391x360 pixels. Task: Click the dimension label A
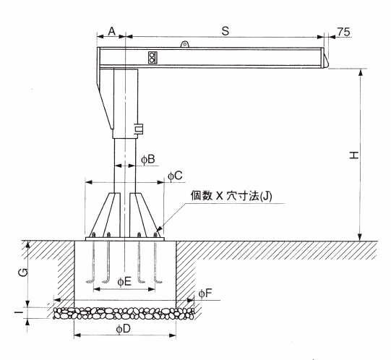click(112, 31)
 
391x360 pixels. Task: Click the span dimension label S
click(225, 31)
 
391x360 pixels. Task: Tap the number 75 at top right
click(344, 32)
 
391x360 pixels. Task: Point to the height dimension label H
click(354, 155)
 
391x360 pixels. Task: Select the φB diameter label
click(148, 159)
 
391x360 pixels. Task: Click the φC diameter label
click(175, 176)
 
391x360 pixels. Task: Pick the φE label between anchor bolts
click(124, 282)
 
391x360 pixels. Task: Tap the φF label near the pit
click(205, 293)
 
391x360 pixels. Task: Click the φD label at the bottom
click(123, 330)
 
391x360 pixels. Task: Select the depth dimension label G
click(23, 273)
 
